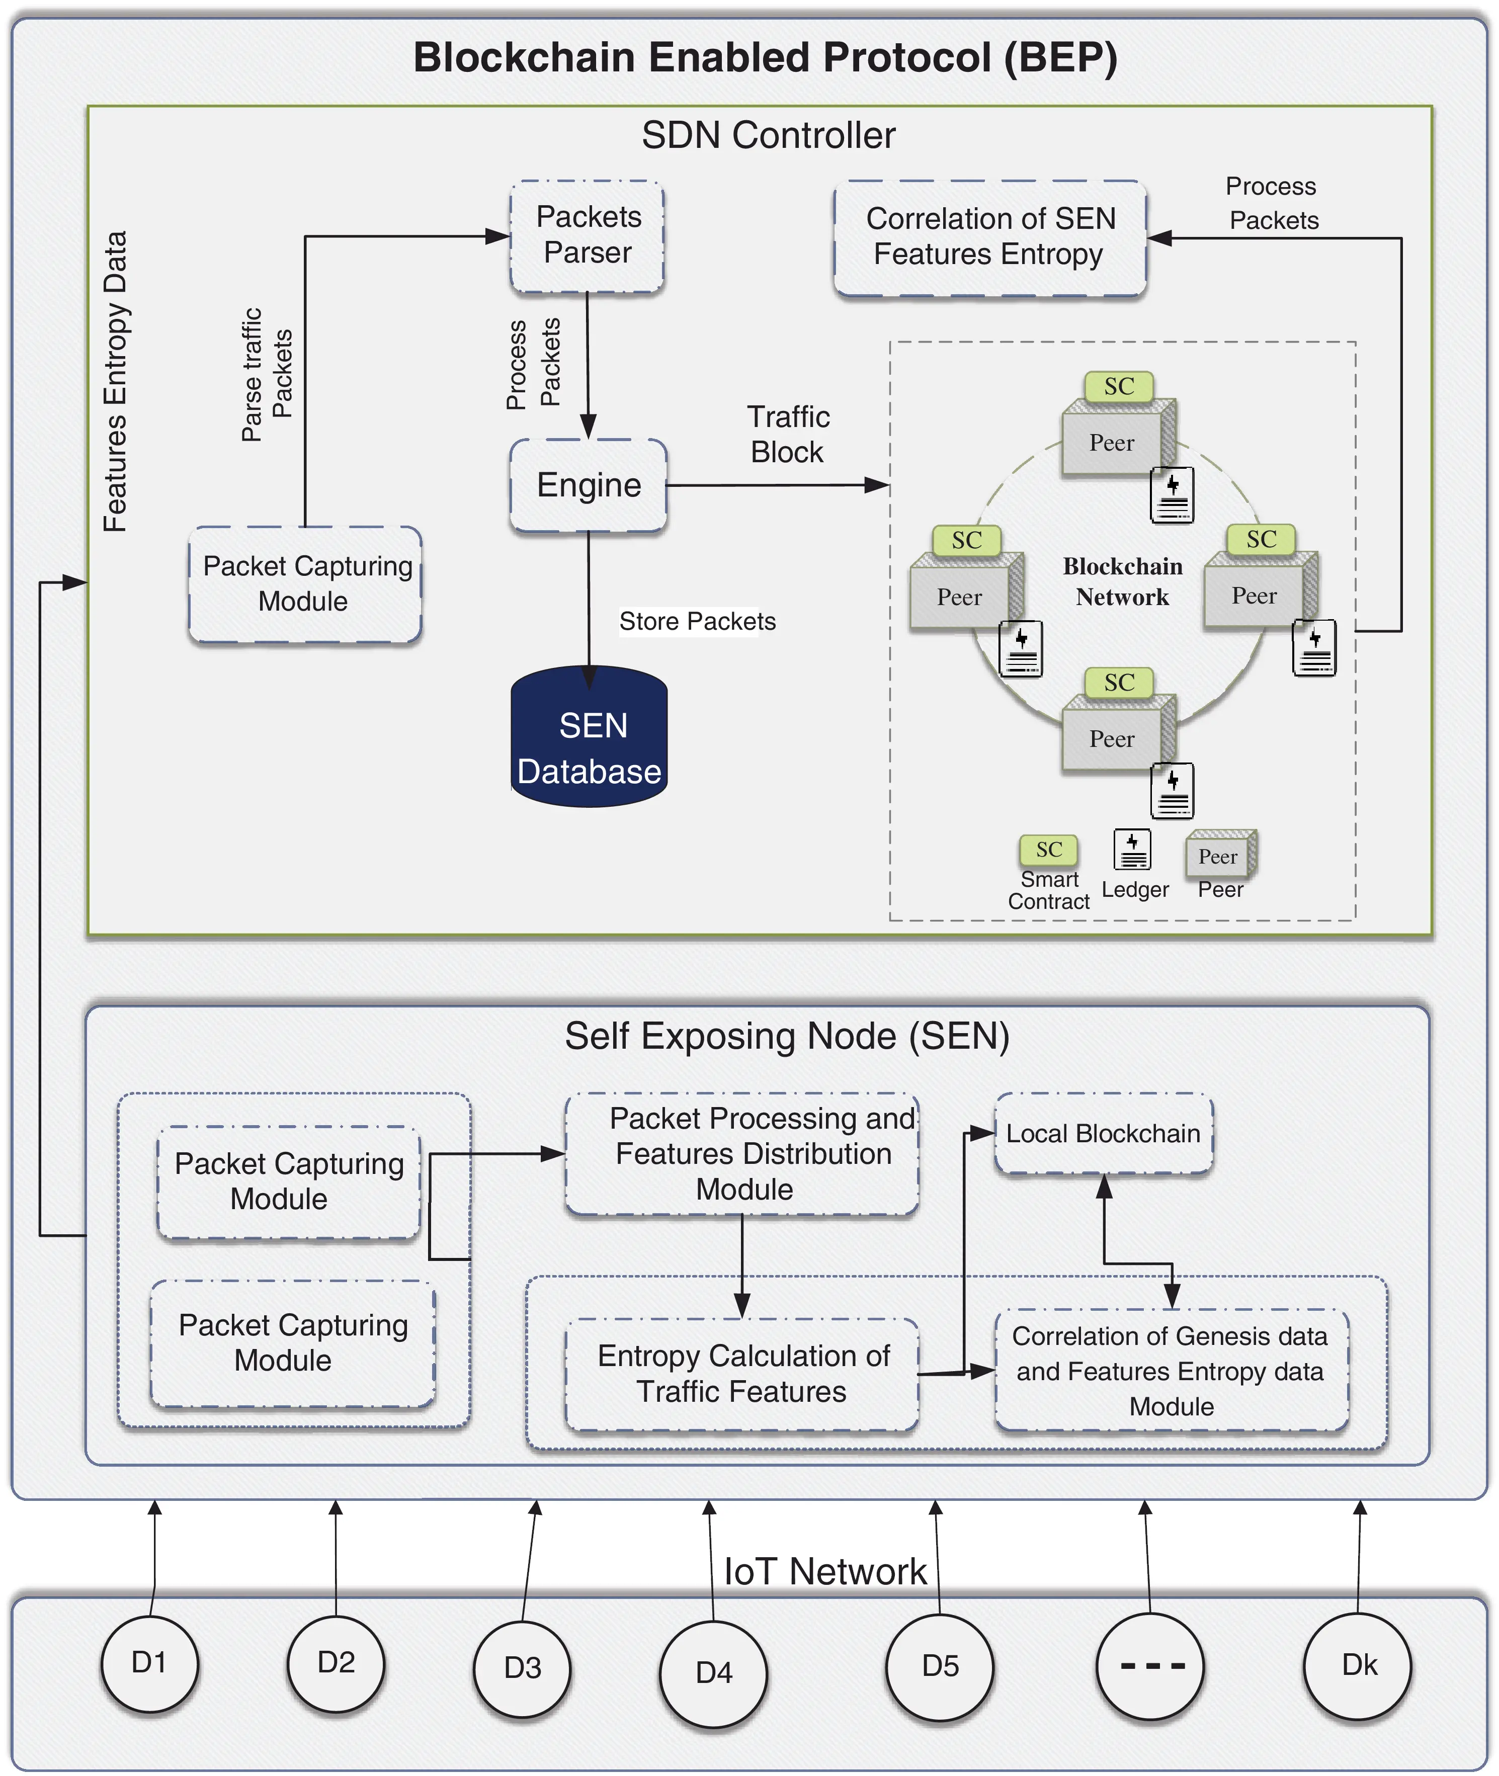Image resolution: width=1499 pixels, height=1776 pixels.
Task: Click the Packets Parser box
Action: [x=587, y=235]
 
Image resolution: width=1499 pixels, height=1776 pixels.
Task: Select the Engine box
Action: [x=588, y=485]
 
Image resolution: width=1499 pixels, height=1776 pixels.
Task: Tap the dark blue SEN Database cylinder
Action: [x=589, y=737]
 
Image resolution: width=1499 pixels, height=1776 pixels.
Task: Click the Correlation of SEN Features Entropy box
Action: [x=990, y=237]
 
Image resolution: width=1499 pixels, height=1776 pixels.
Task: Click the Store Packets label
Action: [x=697, y=621]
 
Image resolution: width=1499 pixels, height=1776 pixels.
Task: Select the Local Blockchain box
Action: [x=1103, y=1134]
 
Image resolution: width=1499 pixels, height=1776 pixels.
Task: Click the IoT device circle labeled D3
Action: [x=522, y=1667]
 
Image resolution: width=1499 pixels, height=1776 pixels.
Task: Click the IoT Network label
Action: [x=824, y=1572]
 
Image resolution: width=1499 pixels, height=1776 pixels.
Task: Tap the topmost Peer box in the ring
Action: [x=1112, y=443]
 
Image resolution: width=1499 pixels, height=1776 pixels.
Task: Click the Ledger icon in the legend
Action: [x=1132, y=849]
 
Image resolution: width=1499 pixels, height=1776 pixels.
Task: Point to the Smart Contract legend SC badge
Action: [x=1049, y=849]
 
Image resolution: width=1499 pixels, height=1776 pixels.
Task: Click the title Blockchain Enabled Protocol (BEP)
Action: [x=765, y=58]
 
